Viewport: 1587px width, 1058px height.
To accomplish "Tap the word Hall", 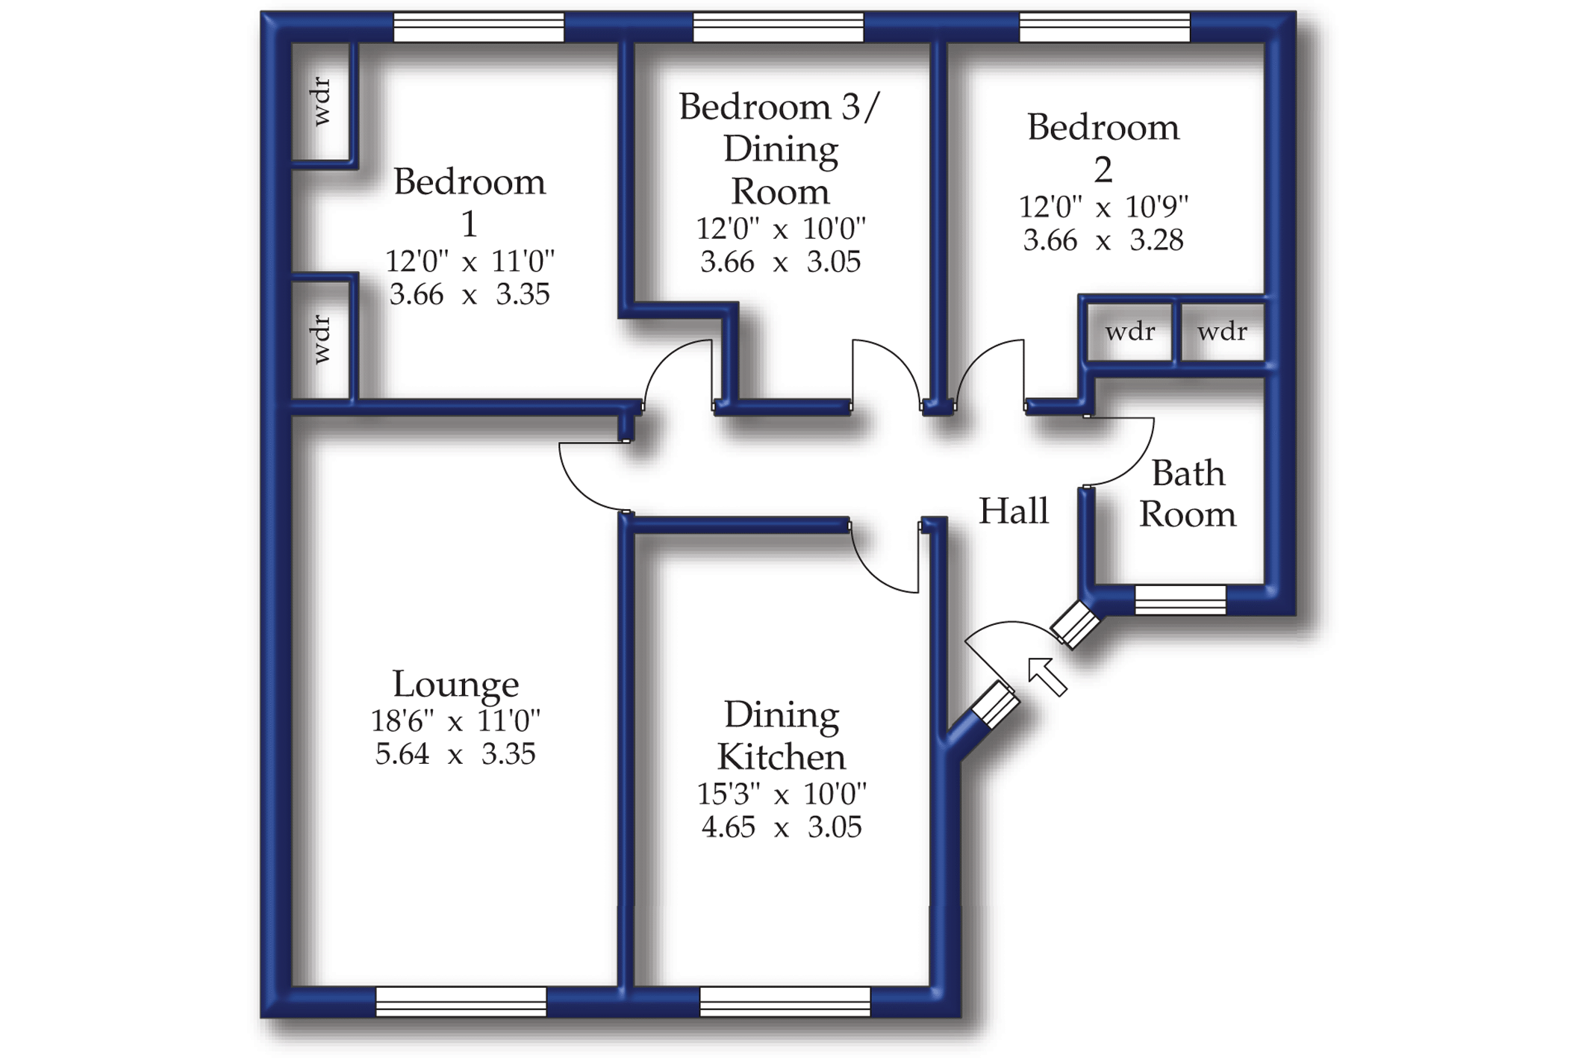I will point(1013,511).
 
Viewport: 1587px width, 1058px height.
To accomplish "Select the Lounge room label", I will point(455,684).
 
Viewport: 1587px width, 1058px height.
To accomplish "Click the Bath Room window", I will point(1180,600).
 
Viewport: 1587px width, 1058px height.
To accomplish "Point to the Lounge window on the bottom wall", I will point(461,1001).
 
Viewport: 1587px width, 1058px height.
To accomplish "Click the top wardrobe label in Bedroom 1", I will point(321,102).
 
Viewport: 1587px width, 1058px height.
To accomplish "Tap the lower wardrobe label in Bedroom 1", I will point(321,340).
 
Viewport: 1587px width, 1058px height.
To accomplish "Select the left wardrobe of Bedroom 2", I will point(1129,332).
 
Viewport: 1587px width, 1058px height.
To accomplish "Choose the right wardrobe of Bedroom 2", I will point(1222,332).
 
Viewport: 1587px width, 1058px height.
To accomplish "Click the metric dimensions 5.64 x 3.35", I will point(455,754).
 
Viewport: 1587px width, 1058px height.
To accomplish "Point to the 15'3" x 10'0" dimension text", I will point(782,794).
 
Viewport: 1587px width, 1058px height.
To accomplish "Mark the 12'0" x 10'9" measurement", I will point(1103,207).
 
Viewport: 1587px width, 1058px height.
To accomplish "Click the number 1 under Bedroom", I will point(469,224).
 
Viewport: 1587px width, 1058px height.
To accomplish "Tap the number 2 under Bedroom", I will point(1103,170).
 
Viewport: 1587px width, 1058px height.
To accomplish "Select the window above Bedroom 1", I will point(478,28).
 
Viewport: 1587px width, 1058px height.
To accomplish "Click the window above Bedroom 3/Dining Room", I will point(778,28).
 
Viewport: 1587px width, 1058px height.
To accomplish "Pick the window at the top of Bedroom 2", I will point(1104,28).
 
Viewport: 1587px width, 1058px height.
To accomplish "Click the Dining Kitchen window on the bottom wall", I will point(785,1001).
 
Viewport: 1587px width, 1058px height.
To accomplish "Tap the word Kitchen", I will point(782,757).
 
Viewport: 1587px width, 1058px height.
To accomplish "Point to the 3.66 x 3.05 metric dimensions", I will point(780,262).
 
